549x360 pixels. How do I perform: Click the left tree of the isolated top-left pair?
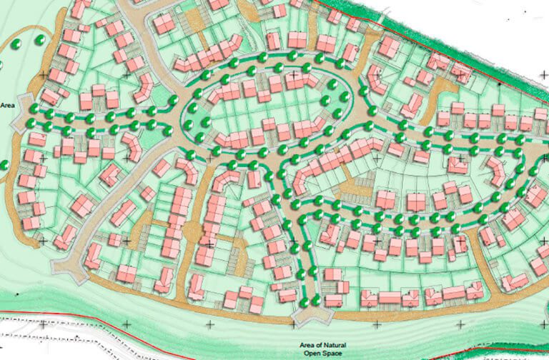click(16, 44)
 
